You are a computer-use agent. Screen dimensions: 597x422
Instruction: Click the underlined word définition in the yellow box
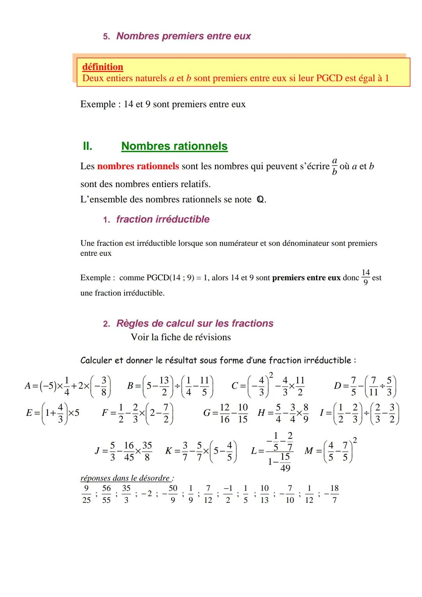tap(103, 67)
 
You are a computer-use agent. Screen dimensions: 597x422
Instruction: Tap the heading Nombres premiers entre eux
tap(183, 36)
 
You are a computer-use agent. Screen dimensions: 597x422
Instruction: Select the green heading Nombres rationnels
tap(174, 146)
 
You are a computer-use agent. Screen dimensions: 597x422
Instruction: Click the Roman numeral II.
tap(88, 146)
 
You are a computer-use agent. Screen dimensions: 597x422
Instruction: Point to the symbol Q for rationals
tap(260, 200)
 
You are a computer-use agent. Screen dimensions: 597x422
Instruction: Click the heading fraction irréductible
tap(163, 219)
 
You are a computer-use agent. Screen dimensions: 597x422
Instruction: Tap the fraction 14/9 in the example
tap(365, 277)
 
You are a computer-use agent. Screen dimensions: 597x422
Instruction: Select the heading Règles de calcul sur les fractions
tap(195, 324)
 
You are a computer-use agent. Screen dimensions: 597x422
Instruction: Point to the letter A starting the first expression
tap(28, 386)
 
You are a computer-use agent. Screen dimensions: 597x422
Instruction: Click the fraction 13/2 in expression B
tap(164, 386)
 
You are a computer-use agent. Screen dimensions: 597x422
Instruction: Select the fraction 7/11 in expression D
tap(373, 386)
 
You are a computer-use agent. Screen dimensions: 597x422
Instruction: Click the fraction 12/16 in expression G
tap(225, 413)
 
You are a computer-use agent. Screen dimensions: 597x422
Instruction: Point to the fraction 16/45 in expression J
tap(129, 451)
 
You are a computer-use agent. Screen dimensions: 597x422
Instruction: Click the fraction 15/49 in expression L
tap(285, 462)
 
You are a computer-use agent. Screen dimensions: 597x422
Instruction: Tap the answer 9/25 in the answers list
tap(86, 494)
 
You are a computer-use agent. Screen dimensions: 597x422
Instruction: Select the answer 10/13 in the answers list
tap(265, 494)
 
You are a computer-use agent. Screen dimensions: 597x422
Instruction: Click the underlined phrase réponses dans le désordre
tap(127, 478)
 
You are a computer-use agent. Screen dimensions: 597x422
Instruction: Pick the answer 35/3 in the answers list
tap(126, 494)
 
